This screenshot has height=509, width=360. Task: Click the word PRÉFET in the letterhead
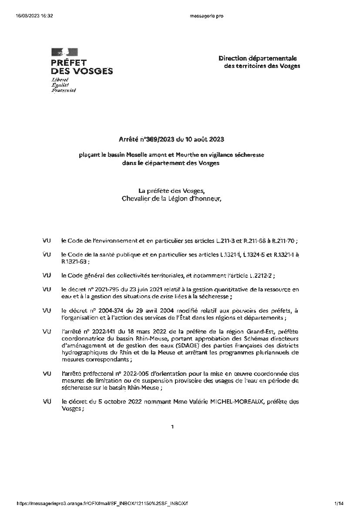[69, 63]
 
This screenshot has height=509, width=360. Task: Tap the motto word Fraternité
[64, 91]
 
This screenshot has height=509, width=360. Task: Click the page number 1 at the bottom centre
[172, 427]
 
